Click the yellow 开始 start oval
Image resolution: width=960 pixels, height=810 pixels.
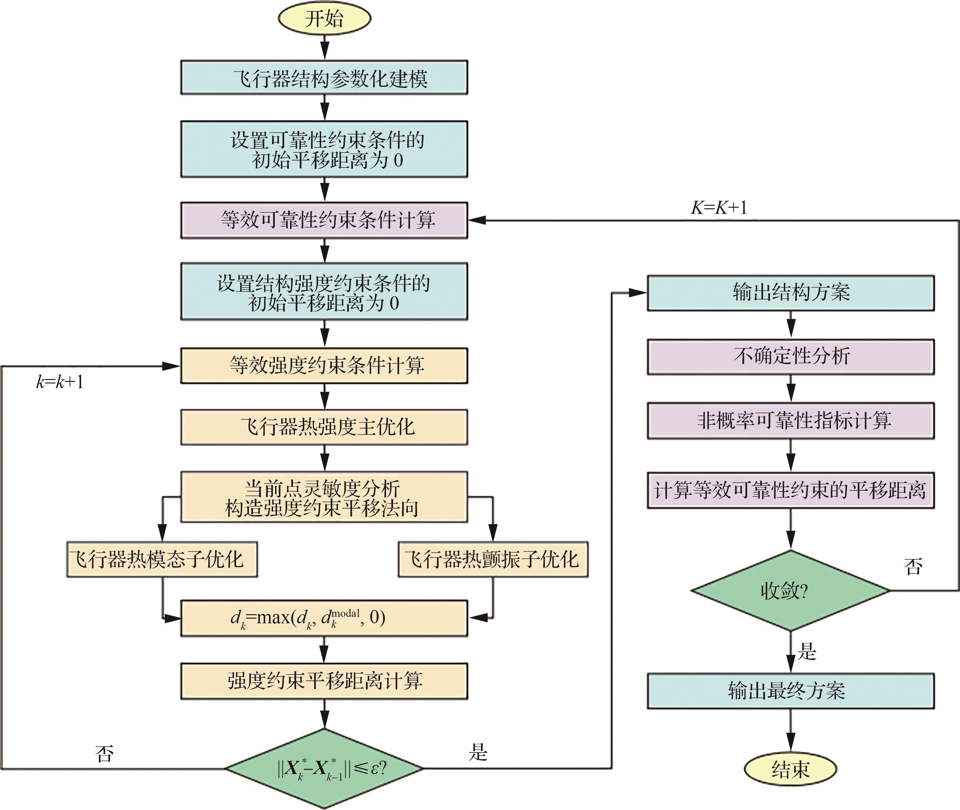[324, 19]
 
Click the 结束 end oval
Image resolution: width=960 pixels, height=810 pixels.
[790, 769]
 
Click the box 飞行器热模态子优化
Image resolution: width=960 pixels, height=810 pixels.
[162, 559]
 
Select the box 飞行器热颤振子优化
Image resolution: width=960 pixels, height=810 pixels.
[493, 559]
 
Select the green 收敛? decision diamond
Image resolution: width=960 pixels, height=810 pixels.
[790, 590]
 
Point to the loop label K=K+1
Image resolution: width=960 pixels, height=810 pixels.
[719, 208]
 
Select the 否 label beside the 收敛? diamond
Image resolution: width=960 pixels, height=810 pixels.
[913, 566]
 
